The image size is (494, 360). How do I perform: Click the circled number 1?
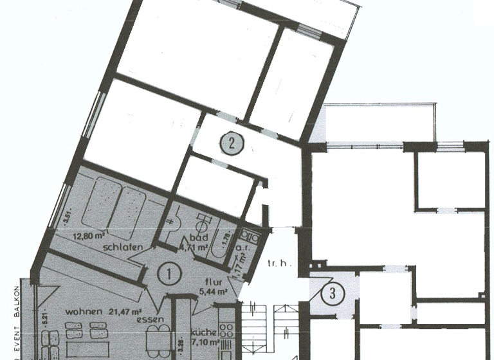coord(168,274)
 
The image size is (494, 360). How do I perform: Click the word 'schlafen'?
coord(120,246)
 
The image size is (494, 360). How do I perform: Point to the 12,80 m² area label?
coord(89,235)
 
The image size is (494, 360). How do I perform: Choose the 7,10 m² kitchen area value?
coord(205,343)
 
